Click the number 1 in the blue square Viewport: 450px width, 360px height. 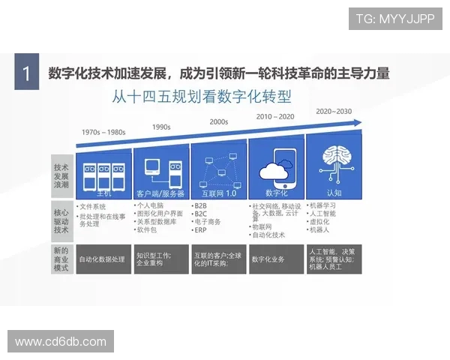[27, 74]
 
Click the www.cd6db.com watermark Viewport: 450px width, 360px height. [61, 341]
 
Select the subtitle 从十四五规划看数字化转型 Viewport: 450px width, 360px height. [201, 97]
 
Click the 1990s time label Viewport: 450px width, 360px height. [162, 127]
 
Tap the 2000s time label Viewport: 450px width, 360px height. [219, 121]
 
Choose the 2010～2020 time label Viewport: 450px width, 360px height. [275, 116]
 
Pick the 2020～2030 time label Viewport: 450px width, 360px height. [334, 111]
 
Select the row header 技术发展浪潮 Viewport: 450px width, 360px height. [61, 174]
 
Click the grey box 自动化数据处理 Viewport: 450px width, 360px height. [103, 259]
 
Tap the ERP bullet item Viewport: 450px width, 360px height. [200, 231]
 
